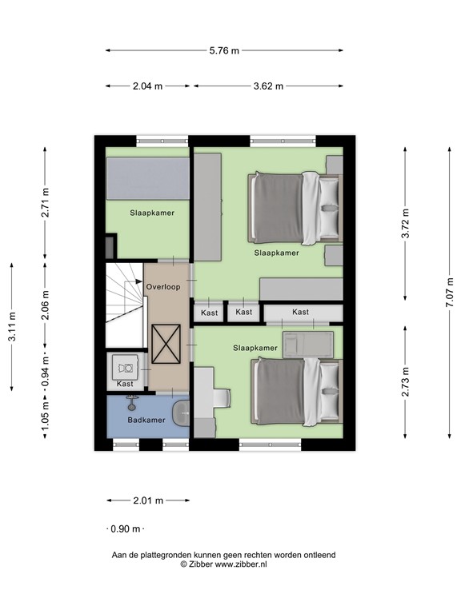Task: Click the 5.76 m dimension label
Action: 224,50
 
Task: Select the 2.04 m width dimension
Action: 148,86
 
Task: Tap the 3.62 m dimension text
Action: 268,86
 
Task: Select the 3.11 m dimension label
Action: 11,327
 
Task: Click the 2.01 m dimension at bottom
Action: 147,500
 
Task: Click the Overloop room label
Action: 163,286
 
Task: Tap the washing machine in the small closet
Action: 126,367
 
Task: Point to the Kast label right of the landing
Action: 210,313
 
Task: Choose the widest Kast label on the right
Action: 301,312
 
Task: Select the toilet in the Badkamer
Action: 181,415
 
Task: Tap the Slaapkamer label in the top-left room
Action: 152,213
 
